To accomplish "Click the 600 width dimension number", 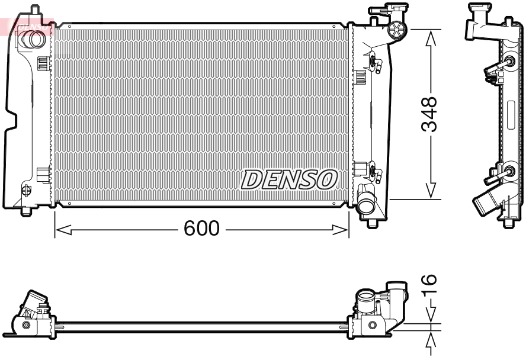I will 202,229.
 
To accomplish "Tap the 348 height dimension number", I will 429,114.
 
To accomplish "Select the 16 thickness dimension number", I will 431,288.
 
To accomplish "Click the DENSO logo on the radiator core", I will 289,179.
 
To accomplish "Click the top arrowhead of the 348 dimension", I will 431,37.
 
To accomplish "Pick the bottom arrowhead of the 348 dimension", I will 431,191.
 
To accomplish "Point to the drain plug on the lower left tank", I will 25,190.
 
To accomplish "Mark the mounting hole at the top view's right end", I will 371,325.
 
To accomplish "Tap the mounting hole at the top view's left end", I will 25,325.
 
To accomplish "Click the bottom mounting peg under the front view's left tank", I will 25,210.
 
